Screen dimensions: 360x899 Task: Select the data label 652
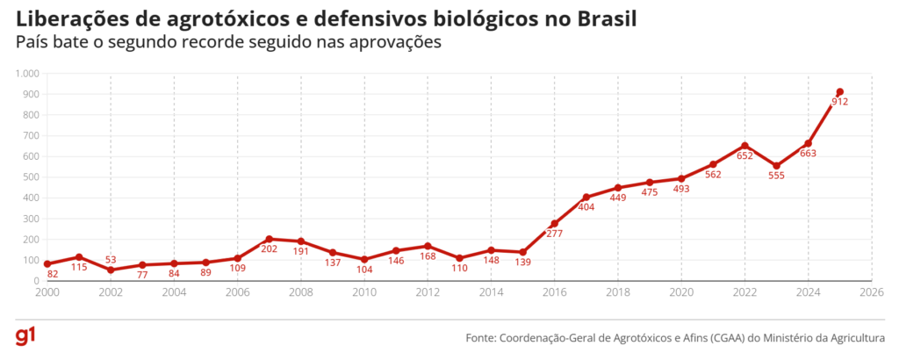click(744, 155)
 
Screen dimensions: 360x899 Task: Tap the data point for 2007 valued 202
click(269, 239)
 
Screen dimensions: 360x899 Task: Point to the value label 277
click(554, 234)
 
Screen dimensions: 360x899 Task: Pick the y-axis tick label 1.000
click(27, 74)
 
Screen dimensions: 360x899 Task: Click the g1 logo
click(25, 337)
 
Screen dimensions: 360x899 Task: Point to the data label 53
click(111, 260)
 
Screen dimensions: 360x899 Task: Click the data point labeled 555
click(776, 165)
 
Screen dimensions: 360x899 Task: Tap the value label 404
click(586, 207)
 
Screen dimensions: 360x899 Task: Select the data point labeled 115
click(79, 256)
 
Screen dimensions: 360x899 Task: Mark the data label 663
click(808, 153)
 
